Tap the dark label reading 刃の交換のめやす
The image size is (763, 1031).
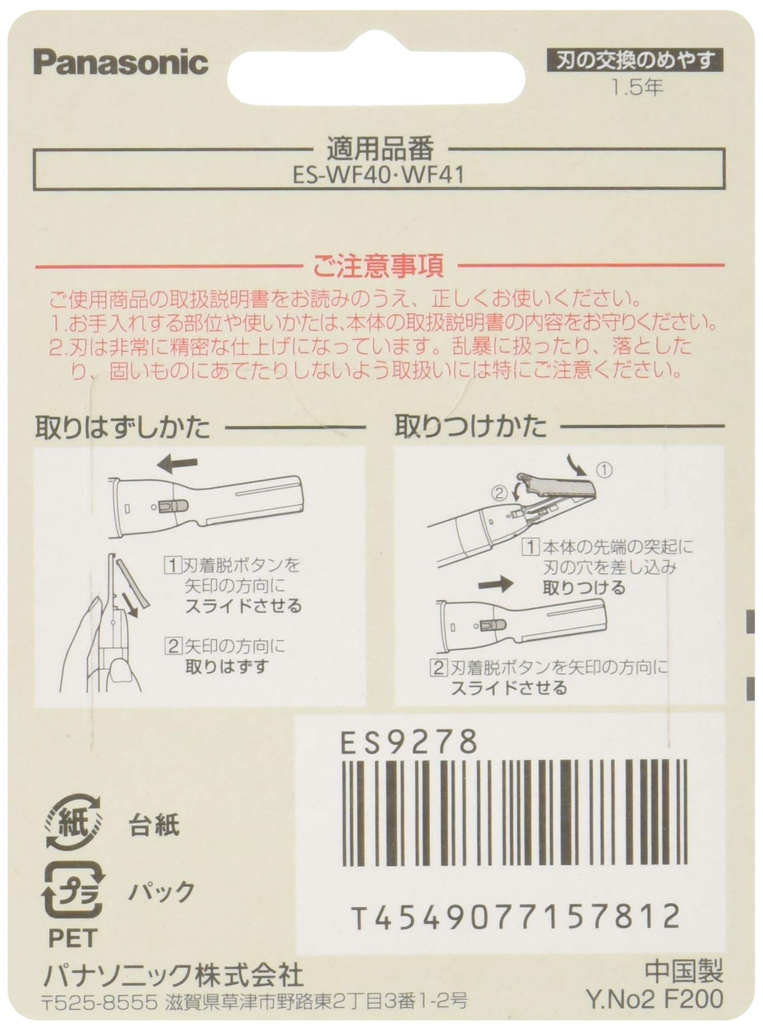[x=635, y=62]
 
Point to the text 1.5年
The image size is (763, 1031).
[x=637, y=88]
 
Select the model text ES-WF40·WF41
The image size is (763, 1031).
[x=379, y=176]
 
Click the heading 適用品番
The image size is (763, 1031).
[x=380, y=149]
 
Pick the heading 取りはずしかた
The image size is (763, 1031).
[x=122, y=427]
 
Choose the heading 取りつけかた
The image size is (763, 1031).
[x=471, y=427]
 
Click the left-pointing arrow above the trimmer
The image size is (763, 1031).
[x=177, y=463]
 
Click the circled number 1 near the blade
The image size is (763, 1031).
[x=604, y=470]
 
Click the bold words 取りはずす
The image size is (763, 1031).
[x=225, y=666]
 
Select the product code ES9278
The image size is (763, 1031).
[x=409, y=743]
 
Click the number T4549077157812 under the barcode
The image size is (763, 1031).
[x=515, y=916]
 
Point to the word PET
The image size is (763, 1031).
[x=73, y=939]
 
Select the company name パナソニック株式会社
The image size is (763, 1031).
[x=173, y=975]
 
